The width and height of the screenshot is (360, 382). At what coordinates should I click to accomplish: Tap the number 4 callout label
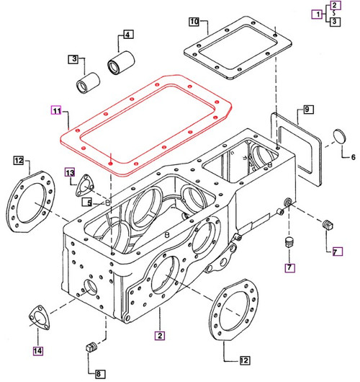tap(127, 35)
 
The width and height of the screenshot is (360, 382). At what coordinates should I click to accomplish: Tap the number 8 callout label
tap(99, 373)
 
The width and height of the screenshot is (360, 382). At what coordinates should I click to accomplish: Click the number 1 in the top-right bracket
tap(314, 14)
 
